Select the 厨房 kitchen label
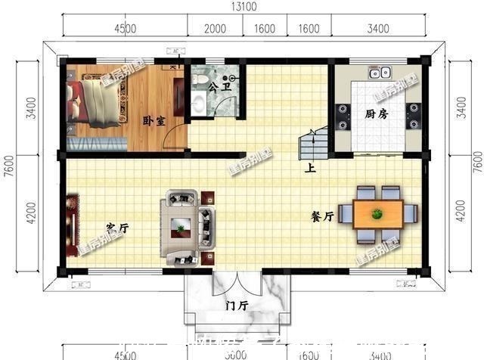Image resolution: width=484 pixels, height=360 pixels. (x=376, y=114)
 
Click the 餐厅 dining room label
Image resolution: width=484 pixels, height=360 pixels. (x=322, y=216)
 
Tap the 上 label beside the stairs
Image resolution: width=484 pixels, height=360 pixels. (x=309, y=169)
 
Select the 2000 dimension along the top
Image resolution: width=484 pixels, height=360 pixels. (x=216, y=29)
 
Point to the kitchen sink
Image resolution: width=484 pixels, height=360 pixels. (x=380, y=73)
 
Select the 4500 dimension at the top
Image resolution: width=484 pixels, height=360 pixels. (x=126, y=29)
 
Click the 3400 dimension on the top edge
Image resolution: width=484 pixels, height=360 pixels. (x=378, y=29)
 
